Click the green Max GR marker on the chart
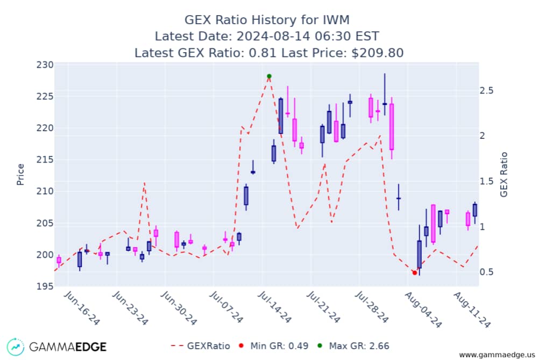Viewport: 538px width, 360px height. pos(269,76)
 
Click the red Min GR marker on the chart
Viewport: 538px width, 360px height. pos(414,273)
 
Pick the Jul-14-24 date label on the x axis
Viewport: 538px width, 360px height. pos(274,307)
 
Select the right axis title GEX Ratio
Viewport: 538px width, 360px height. pos(504,174)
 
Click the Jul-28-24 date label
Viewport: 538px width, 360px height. pos(374,307)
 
